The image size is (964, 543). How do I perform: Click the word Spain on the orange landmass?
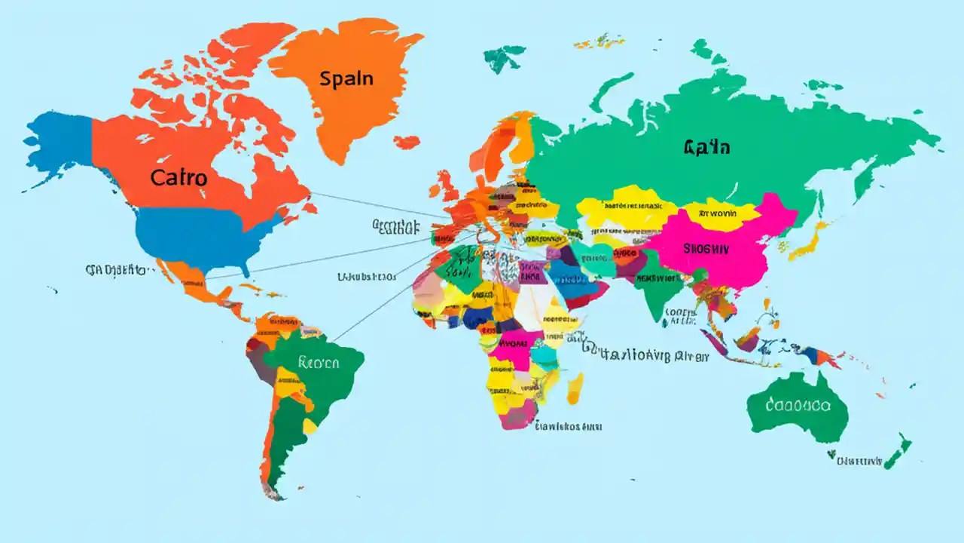pyautogui.click(x=346, y=78)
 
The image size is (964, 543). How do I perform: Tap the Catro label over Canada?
pyautogui.click(x=178, y=178)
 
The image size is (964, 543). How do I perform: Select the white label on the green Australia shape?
pyautogui.click(x=798, y=405)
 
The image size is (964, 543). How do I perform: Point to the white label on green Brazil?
pyautogui.click(x=319, y=363)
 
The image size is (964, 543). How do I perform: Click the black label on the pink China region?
pyautogui.click(x=706, y=247)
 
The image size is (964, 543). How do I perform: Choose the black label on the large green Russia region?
pyautogui.click(x=706, y=147)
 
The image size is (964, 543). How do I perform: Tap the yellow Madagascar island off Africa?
pyautogui.click(x=575, y=388)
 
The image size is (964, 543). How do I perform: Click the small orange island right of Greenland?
pyautogui.click(x=407, y=142)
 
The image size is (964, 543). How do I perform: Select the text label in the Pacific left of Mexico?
pyautogui.click(x=116, y=268)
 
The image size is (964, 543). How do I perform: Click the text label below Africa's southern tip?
pyautogui.click(x=569, y=426)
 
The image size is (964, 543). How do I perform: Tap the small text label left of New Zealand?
pyautogui.click(x=859, y=460)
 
